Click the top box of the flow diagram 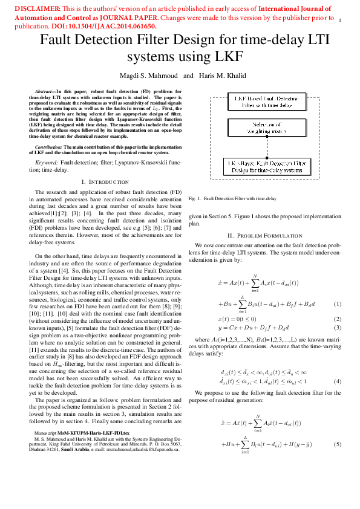266,101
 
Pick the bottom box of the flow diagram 266,166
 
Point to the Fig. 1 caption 232,198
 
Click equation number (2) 338,318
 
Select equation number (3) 338,327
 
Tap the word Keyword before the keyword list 47,163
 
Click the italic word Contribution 48,147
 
